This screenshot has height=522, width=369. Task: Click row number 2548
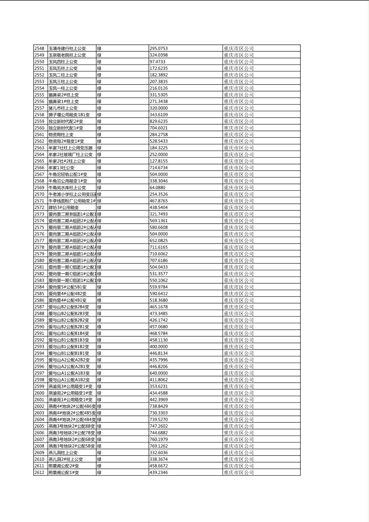(39, 48)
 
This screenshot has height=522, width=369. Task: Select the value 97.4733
(157, 62)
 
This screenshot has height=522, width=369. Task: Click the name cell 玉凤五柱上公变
(63, 68)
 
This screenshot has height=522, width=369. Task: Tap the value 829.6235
(158, 121)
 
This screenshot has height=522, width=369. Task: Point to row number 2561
(39, 134)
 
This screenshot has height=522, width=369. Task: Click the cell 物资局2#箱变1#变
(66, 141)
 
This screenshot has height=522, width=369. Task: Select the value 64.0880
(157, 187)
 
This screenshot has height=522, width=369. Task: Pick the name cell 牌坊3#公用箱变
(63, 207)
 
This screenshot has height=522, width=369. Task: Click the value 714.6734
(158, 168)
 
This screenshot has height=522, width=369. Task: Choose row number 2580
(39, 261)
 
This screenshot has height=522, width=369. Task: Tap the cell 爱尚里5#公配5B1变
(67, 287)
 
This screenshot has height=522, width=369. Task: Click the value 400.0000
(158, 347)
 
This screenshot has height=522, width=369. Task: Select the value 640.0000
(158, 373)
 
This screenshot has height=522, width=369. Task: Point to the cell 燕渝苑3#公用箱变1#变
(70, 386)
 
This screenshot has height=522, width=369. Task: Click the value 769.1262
(158, 446)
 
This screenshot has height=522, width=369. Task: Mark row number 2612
(39, 472)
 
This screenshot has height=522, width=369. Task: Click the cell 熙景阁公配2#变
(64, 466)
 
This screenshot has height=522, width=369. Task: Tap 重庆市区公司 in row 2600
(239, 393)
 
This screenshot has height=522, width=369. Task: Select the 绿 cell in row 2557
(99, 108)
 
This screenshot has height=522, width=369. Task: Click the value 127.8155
(158, 161)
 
